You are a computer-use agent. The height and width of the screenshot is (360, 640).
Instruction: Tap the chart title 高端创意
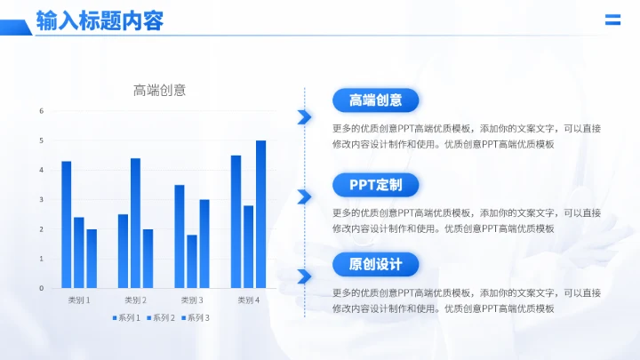pos(159,90)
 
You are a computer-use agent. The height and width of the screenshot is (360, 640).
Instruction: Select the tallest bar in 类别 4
pos(260,214)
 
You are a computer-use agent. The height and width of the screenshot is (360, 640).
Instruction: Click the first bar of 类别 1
pos(67,224)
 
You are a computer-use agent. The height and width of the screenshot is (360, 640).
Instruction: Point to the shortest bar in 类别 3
pos(192,261)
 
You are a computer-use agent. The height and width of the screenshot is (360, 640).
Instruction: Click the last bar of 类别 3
pos(204,244)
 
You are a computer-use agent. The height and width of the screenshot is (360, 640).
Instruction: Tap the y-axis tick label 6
pos(42,111)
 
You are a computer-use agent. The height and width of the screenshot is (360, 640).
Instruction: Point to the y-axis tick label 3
pos(42,199)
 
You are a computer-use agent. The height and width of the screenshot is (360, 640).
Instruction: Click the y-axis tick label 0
pos(42,288)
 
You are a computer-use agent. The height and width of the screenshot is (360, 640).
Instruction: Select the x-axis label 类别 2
pos(135,300)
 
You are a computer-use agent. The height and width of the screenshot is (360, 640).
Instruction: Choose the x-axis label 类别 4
pos(248,300)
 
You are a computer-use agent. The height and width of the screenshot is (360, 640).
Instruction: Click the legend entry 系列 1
pos(126,317)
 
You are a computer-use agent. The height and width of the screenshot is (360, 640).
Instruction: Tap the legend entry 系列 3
pos(196,317)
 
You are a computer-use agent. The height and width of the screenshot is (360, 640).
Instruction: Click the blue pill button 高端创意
pos(375,100)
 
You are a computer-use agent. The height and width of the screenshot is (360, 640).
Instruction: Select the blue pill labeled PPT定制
pos(375,185)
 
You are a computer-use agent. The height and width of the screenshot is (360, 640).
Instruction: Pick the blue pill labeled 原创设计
pos(375,264)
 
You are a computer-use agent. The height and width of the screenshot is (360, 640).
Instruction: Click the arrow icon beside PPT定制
pos(304,196)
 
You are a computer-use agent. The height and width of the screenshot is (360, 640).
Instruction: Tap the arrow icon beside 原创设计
pos(304,276)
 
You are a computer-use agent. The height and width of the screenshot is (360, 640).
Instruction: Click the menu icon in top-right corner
pos(612,20)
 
